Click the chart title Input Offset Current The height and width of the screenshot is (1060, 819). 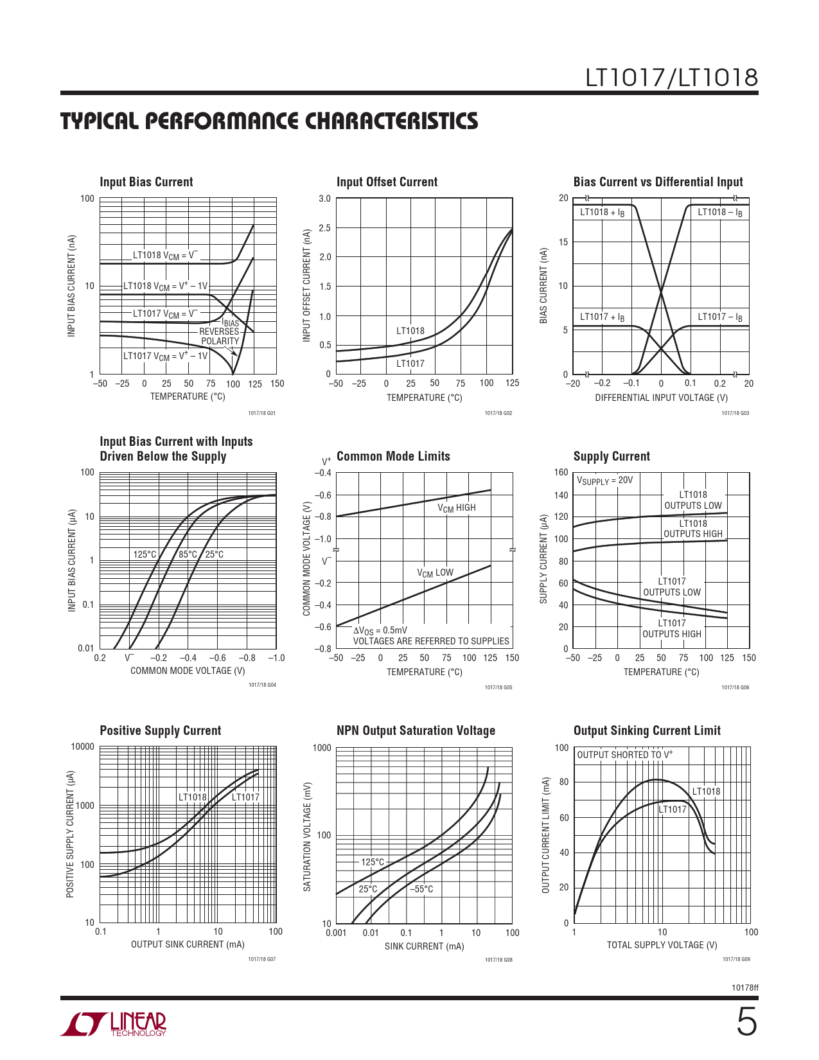[x=387, y=182]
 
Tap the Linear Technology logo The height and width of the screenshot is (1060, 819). [x=114, y=1024]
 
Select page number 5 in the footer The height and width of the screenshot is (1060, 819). [x=746, y=1023]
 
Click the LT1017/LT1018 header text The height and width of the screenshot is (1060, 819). [x=671, y=78]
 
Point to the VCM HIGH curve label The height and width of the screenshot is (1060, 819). [x=457, y=508]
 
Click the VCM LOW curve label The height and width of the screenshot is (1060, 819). [x=435, y=572]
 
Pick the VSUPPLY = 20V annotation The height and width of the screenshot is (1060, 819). [x=604, y=481]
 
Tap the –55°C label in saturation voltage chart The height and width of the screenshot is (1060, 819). [x=421, y=889]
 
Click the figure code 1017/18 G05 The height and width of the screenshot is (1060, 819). [x=498, y=687]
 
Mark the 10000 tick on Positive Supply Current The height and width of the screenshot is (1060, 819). [x=82, y=746]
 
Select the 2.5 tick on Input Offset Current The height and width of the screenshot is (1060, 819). [x=324, y=228]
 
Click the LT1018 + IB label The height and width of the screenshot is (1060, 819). [x=602, y=212]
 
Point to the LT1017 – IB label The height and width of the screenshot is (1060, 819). [x=720, y=317]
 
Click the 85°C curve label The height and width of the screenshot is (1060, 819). [x=188, y=554]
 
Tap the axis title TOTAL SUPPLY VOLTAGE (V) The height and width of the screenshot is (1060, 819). [x=662, y=945]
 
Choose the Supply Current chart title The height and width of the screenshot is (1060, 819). [x=612, y=456]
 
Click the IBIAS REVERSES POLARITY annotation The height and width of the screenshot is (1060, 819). [x=220, y=332]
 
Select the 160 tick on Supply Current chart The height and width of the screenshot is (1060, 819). [x=561, y=473]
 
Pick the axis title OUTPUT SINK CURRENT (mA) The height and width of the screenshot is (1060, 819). [x=188, y=944]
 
